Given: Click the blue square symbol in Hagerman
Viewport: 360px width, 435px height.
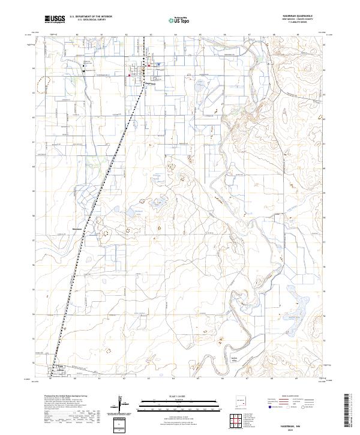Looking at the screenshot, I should (x=158, y=64).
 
